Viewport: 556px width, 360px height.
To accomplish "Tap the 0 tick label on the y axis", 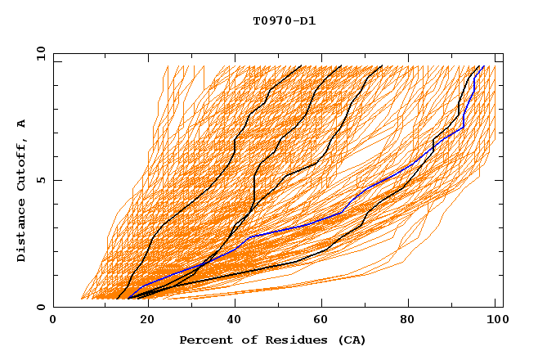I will (x=41, y=307).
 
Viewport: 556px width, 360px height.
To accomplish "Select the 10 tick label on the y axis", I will (x=39, y=53).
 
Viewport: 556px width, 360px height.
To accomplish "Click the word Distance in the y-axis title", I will (x=21, y=232).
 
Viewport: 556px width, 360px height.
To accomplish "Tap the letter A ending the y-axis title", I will (x=21, y=123).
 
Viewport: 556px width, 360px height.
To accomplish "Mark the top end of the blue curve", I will (x=483, y=66).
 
